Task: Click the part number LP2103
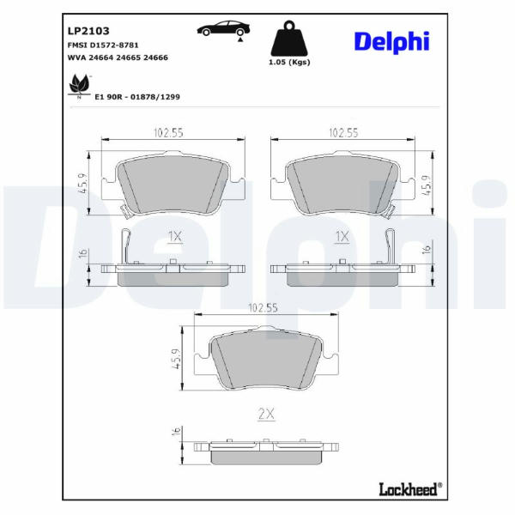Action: click(88, 31)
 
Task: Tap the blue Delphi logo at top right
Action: click(392, 41)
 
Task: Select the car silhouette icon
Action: click(223, 28)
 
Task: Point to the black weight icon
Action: click(289, 39)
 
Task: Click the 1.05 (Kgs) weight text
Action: click(289, 62)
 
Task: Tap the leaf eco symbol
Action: click(79, 86)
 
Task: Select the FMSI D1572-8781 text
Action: click(103, 45)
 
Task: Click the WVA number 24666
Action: click(156, 58)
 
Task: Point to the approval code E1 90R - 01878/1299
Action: click(137, 97)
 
